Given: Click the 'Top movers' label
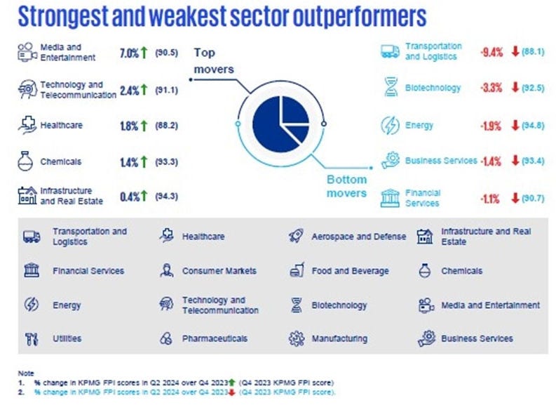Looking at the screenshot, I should tap(205, 60).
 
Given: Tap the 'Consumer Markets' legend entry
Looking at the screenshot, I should tap(219, 271).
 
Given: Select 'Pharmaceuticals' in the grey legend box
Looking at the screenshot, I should tap(215, 338).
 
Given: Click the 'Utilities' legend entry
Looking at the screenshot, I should tap(67, 338).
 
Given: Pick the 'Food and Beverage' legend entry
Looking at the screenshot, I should tap(348, 271).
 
